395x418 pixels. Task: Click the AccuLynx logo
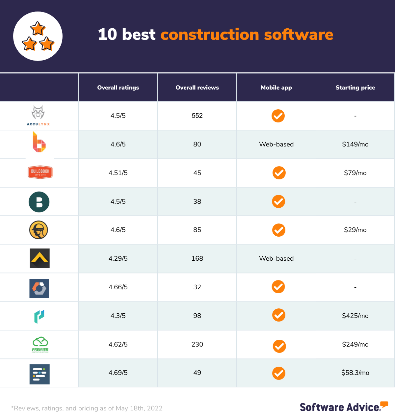pos(39,115)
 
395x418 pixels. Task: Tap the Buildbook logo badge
pos(40,172)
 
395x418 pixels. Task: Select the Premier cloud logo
pos(40,344)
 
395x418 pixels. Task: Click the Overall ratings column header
pos(118,88)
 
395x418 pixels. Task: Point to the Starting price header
pos(355,88)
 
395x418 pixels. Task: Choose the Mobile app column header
pos(276,88)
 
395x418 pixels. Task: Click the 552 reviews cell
pos(197,116)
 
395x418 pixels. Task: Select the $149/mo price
pos(355,144)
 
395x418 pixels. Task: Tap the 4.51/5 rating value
pos(118,173)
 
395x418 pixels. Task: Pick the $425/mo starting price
pos(355,316)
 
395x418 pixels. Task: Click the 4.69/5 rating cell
pos(118,373)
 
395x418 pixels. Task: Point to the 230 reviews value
pos(197,345)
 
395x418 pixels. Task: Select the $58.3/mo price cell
pos(355,373)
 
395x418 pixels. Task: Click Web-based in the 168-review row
pos(276,259)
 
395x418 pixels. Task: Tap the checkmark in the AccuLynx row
pos(278,116)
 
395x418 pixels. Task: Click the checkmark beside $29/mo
pos(279,230)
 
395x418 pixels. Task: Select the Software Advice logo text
pos(340,407)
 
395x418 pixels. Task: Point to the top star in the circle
pos(38,29)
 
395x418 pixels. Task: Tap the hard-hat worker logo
pos(39,230)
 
